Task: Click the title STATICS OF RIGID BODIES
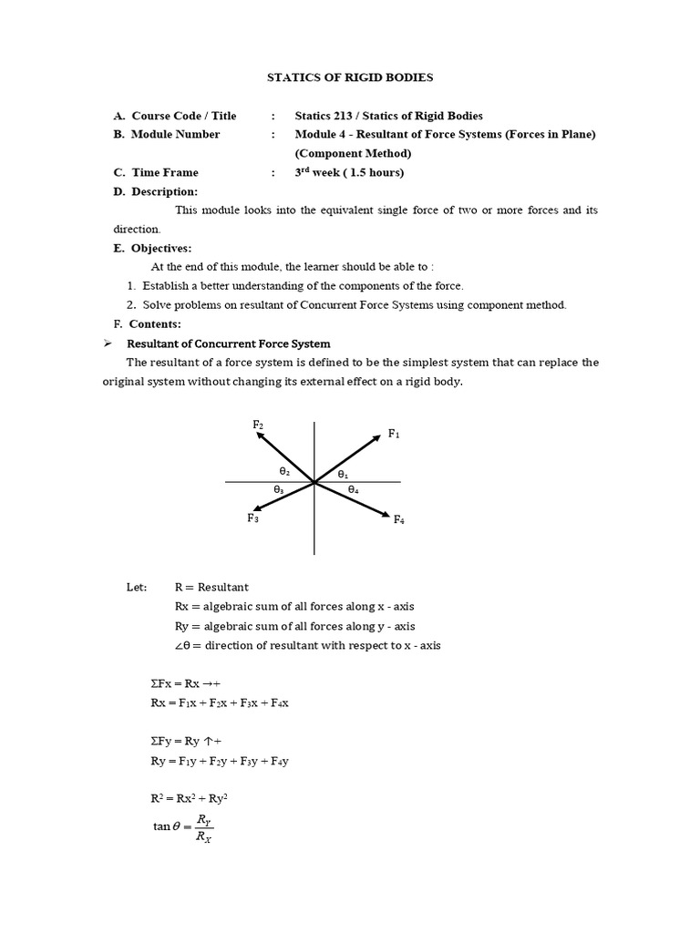350,78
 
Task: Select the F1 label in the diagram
394,434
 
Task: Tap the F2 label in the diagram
258,425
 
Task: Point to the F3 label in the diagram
252,518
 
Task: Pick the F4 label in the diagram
398,519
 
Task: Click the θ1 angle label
343,474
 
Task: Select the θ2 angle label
284,471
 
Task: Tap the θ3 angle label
279,489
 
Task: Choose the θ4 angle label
353,489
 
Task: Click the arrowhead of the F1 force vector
376,437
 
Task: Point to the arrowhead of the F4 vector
386,515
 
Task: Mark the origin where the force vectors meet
314,482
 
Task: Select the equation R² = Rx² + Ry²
190,797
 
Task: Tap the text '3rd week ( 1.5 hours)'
349,172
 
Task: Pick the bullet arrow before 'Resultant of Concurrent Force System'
107,343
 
